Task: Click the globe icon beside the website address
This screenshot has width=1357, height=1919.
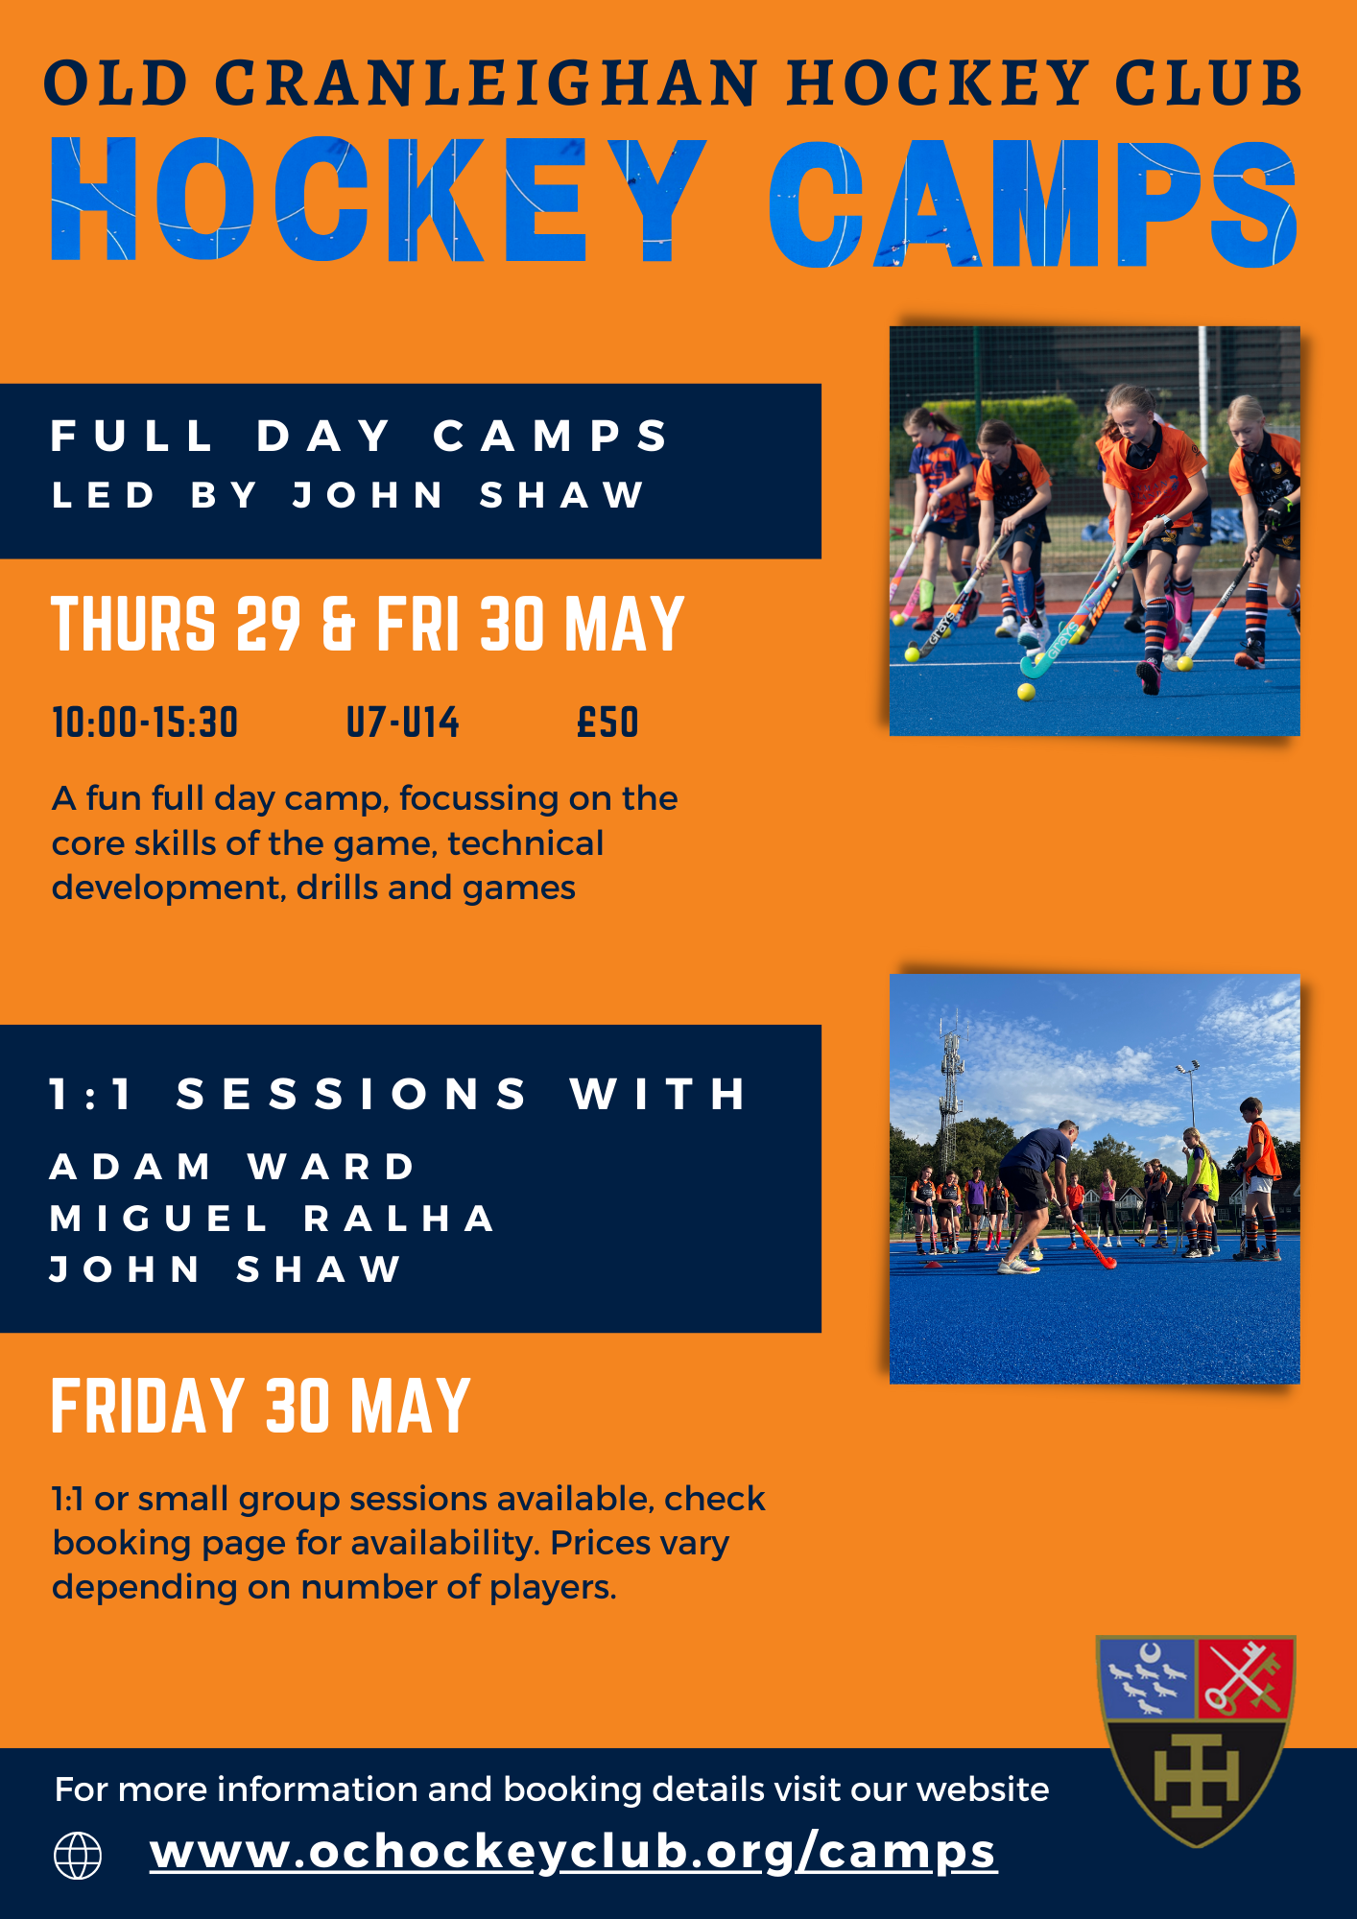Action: click(x=78, y=1855)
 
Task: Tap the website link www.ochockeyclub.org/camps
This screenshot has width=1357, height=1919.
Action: click(x=574, y=1852)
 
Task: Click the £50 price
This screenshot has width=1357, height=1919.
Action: click(x=607, y=723)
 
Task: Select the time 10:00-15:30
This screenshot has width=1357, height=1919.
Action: click(x=145, y=723)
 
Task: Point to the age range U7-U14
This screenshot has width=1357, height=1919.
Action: click(x=403, y=723)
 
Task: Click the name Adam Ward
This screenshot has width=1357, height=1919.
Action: click(x=232, y=1167)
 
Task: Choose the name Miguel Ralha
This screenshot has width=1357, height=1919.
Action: click(x=273, y=1219)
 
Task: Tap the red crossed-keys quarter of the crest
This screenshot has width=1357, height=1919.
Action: click(x=1245, y=1677)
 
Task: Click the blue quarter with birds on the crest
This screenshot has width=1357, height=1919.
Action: click(x=1147, y=1677)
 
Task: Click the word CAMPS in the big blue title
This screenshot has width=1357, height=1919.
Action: click(x=1034, y=203)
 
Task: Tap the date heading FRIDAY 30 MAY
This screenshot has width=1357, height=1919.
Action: click(x=261, y=1406)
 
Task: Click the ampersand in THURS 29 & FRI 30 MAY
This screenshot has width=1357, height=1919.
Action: click(x=339, y=624)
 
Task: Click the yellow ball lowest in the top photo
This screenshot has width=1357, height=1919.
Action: click(x=1026, y=692)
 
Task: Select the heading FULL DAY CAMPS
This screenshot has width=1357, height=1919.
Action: click(x=360, y=436)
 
